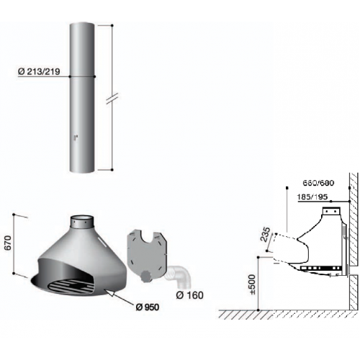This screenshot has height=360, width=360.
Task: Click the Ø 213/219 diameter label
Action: tap(39, 71)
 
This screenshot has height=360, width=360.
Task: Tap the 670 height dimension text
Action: tap(8, 243)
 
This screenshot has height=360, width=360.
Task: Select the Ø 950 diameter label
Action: tap(148, 307)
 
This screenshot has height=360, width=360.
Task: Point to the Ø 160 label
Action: tap(189, 295)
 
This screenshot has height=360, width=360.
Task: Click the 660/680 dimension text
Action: tap(318, 183)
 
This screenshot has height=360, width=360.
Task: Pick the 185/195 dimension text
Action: tap(312, 197)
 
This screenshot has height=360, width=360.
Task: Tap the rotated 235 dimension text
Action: tap(266, 235)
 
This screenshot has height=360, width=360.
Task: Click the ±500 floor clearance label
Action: tap(253, 284)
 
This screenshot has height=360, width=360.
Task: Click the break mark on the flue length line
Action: tap(112, 99)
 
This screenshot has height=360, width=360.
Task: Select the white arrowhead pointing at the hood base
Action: tap(110, 294)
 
